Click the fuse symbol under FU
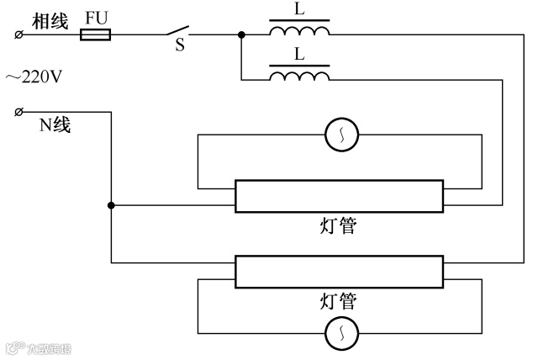point(95,35)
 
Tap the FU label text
point(96,18)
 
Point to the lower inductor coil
point(299,77)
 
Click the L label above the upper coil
point(300,10)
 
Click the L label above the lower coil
point(300,55)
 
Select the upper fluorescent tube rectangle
point(339,196)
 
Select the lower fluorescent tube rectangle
point(339,273)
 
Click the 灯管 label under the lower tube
point(339,301)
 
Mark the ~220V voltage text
point(34,77)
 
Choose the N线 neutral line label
point(55,126)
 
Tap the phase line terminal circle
point(18,35)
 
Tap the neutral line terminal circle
point(18,112)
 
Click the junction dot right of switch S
point(242,35)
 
